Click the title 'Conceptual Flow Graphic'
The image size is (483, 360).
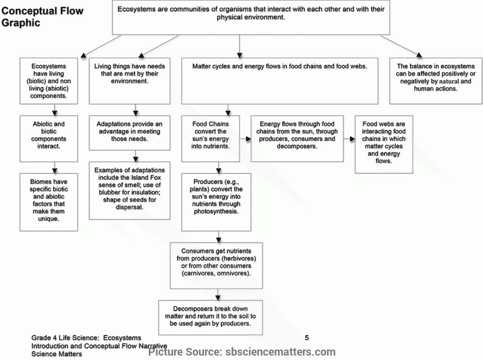point(43,17)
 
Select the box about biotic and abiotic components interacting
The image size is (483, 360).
point(49,138)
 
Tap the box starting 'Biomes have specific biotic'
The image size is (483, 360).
point(49,202)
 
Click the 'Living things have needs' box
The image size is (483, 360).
point(130,81)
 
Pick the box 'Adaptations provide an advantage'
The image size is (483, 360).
point(130,133)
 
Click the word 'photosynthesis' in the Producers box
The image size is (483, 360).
point(216,211)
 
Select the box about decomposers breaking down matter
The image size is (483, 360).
point(211,317)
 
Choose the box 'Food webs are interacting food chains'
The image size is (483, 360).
point(384,144)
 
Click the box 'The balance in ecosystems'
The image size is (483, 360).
point(436,81)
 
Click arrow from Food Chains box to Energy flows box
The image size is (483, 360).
point(246,139)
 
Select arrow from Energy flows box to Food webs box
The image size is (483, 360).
point(349,139)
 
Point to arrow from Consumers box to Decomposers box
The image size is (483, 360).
point(218,295)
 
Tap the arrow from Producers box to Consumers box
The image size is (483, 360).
point(219,237)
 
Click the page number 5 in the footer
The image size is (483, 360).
point(307,337)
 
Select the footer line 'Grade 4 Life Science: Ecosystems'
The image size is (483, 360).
point(86,338)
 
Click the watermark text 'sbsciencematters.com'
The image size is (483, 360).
point(281,352)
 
